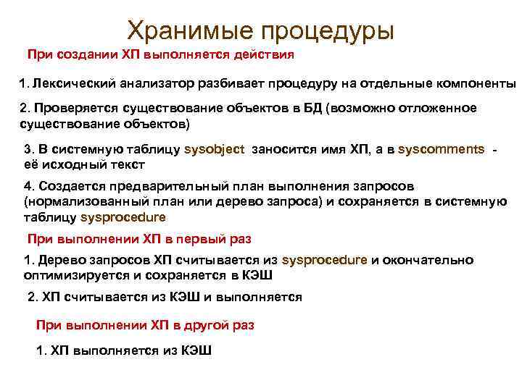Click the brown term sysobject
tap(215, 149)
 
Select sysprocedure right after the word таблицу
tap(123, 216)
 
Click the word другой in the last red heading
tap(208, 325)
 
